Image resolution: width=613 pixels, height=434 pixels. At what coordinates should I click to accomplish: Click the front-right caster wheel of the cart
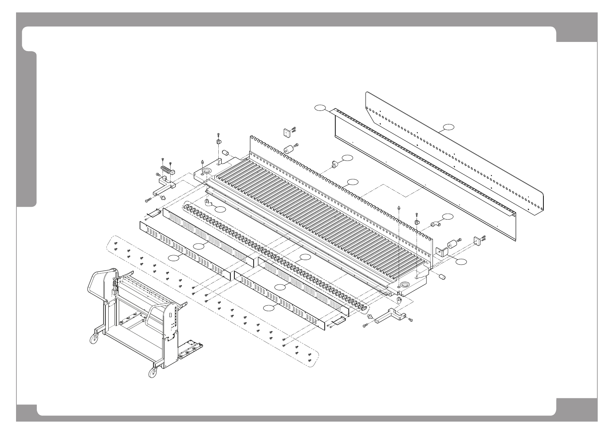[151, 373]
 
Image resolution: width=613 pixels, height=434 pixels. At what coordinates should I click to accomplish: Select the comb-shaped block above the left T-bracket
[167, 170]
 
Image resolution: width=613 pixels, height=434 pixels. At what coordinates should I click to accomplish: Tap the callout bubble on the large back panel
[449, 127]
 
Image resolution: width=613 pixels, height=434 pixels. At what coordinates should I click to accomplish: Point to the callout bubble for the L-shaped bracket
[462, 261]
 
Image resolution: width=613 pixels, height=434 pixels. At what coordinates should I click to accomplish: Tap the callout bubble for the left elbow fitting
[220, 209]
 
